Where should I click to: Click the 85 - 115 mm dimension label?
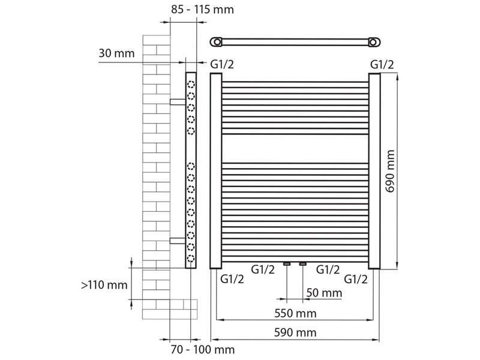pos(202,10)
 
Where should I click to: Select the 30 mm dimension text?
pos(116,53)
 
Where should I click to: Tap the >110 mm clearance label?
pos(104,285)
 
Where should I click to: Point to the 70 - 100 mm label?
pos(203,349)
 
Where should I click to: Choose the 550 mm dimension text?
pos(295,313)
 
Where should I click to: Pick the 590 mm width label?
pos(295,332)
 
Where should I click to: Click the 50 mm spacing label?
pos(324,293)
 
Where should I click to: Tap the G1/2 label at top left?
pos(222,64)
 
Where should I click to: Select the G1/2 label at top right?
pos(382,65)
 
